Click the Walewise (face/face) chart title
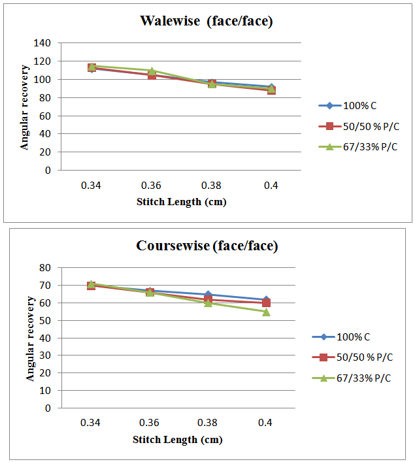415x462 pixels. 206,21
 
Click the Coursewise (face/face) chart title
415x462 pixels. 207,246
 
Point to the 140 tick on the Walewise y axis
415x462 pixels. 44,43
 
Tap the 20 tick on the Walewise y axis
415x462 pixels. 46,152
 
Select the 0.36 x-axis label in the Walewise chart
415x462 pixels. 151,186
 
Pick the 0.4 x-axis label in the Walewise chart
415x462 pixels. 271,186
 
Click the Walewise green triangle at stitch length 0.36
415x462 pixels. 152,71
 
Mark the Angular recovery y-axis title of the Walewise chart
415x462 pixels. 25,107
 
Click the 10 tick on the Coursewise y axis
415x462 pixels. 46,391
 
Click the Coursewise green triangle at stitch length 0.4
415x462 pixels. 266,312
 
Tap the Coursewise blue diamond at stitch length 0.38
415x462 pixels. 208,295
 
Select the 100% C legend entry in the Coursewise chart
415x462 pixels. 353,337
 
